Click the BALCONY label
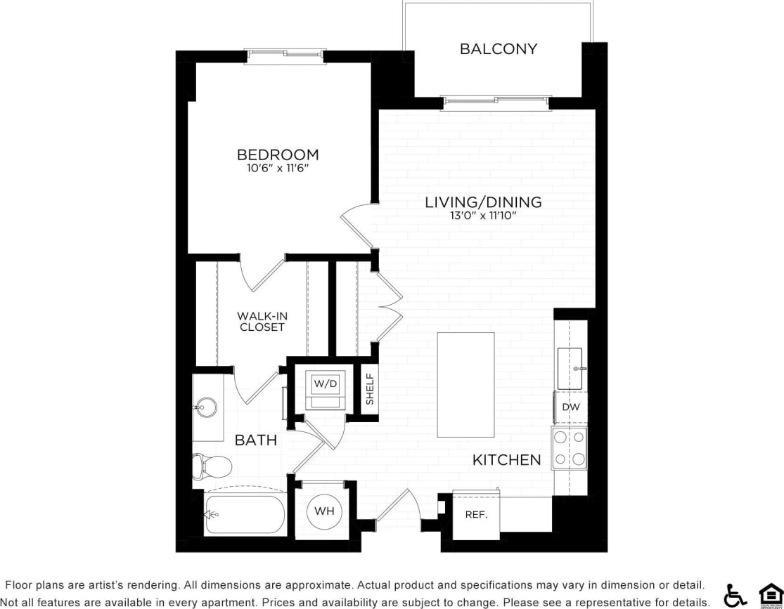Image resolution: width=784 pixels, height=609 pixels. click(x=498, y=49)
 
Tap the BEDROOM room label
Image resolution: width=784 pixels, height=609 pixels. click(x=278, y=155)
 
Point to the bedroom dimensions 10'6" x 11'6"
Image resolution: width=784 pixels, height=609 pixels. click(x=278, y=169)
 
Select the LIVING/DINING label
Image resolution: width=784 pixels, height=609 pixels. click(x=483, y=202)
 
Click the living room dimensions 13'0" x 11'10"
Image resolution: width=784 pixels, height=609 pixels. click(x=483, y=216)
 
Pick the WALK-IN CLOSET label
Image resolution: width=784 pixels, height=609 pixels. click(x=262, y=322)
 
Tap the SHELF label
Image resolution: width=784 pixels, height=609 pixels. click(x=370, y=389)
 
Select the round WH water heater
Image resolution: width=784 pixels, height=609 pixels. click(x=324, y=511)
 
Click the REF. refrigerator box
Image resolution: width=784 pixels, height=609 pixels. click(x=476, y=515)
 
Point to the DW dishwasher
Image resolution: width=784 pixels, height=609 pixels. click(x=570, y=407)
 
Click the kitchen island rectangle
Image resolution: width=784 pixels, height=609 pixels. click(x=465, y=384)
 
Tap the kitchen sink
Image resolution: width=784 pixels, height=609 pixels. click(x=570, y=367)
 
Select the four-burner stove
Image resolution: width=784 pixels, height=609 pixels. click(x=570, y=448)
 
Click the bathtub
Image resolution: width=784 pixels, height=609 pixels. click(x=244, y=515)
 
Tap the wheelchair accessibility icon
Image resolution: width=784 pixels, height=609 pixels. click(x=735, y=595)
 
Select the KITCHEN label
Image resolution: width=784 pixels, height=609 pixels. click(x=506, y=460)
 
